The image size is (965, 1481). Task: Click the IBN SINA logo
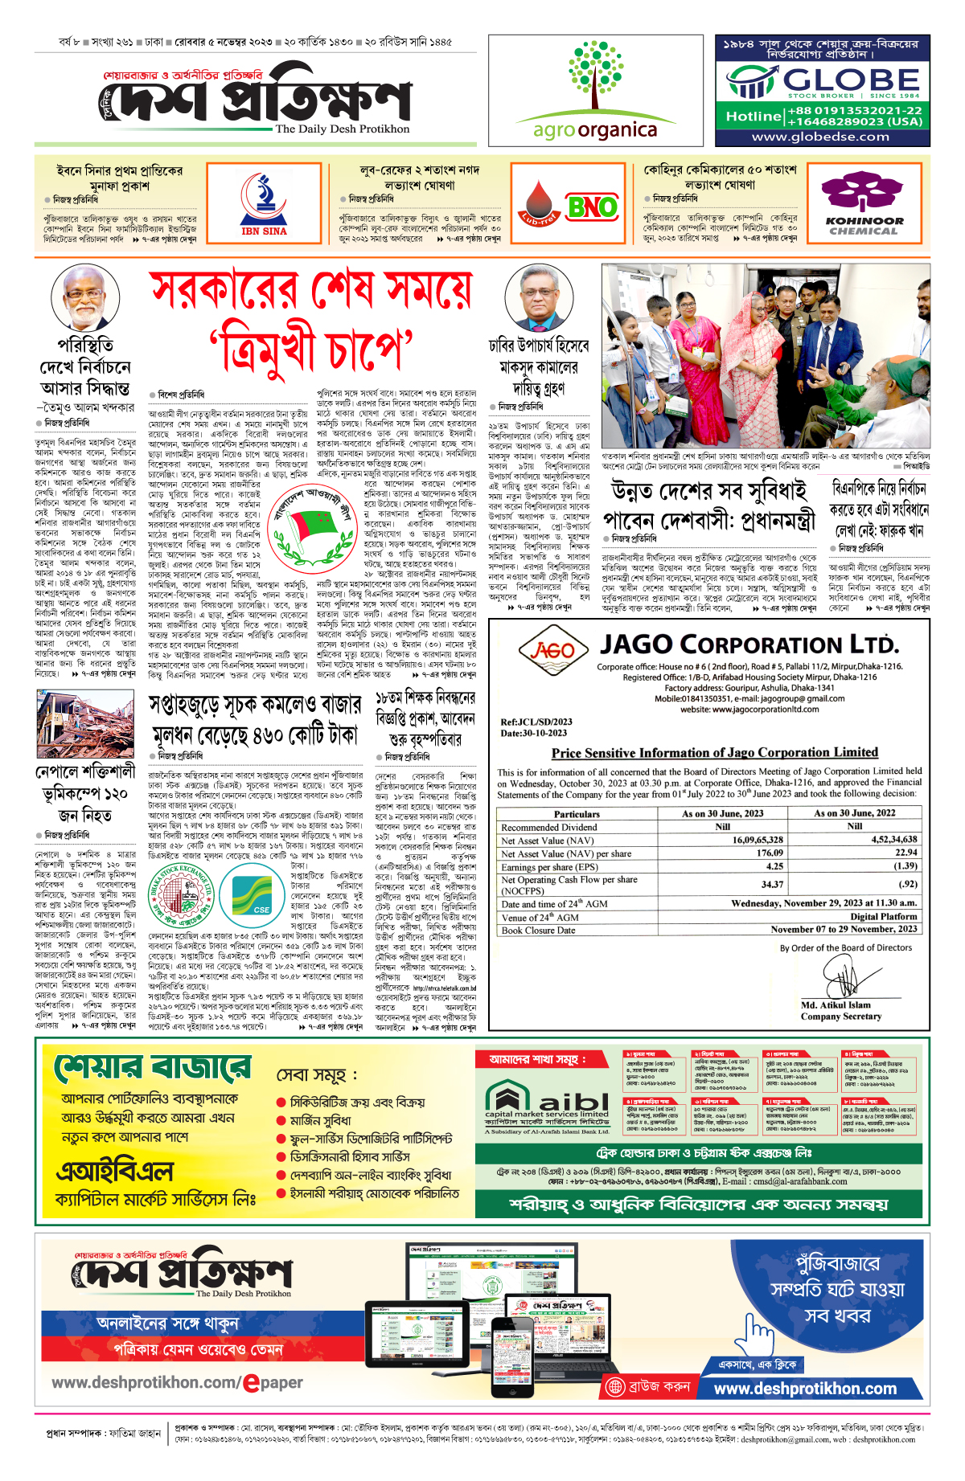(264, 203)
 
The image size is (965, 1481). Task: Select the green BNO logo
(591, 207)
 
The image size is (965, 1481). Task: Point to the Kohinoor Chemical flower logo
(864, 193)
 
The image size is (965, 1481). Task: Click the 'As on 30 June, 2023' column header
(722, 813)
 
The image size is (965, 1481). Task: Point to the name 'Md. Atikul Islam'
(836, 1004)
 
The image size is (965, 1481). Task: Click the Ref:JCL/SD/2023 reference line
(536, 722)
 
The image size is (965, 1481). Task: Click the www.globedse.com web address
(821, 137)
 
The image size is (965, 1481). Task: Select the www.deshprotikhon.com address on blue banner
(805, 1389)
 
